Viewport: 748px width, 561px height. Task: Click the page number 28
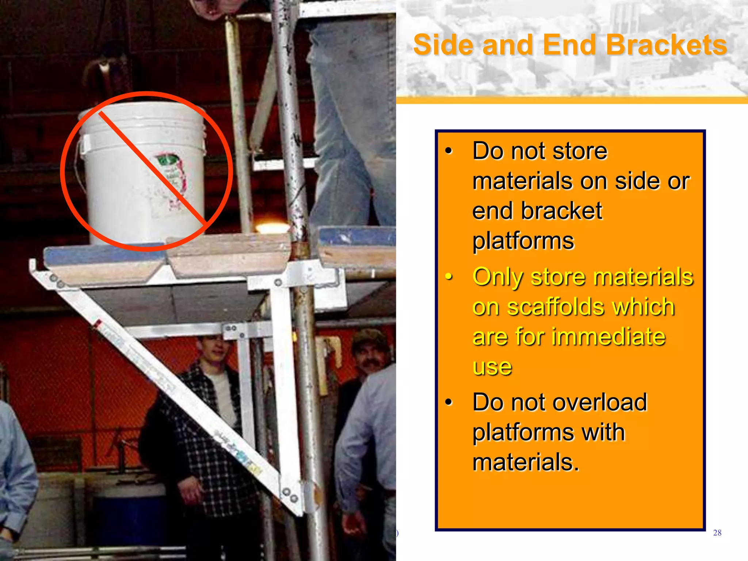coord(717,533)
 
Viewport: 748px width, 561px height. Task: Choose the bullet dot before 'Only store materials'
coord(449,277)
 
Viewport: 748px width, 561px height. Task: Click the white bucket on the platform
coord(142,175)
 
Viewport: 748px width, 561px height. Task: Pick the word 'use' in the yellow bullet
coord(492,367)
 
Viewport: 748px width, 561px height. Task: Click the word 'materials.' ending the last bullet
coord(526,462)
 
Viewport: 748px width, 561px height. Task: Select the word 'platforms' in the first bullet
coord(523,241)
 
